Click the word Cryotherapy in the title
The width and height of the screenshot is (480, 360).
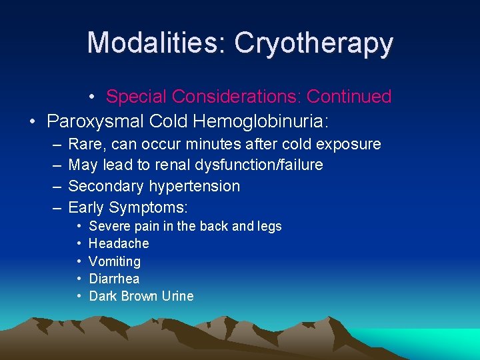click(x=314, y=43)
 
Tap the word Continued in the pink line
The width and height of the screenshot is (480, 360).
click(x=349, y=97)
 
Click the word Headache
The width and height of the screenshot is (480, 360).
click(x=119, y=243)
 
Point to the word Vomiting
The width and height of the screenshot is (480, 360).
click(x=115, y=261)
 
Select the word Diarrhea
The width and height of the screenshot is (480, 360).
click(x=114, y=279)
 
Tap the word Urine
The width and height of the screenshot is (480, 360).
click(x=177, y=296)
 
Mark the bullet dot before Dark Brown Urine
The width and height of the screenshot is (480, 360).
click(x=79, y=296)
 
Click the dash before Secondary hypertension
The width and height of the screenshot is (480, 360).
click(x=55, y=186)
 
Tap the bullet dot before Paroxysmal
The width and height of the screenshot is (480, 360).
click(x=32, y=121)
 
